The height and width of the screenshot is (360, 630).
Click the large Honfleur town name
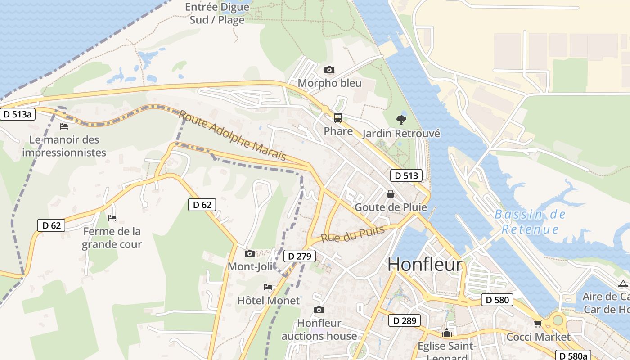[x=425, y=265]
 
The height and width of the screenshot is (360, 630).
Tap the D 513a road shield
[x=18, y=114]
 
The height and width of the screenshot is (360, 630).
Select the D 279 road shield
[x=300, y=256]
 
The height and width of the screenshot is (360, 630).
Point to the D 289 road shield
[x=405, y=320]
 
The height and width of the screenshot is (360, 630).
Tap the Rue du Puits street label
[x=353, y=234]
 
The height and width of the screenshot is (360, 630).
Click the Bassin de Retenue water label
[x=530, y=221]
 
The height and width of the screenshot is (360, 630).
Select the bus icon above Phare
[x=337, y=118]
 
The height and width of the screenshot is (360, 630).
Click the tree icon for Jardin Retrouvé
[x=401, y=120]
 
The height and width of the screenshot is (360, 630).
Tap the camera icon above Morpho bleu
[x=329, y=70]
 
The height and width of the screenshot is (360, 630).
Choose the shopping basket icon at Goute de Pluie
[x=390, y=194]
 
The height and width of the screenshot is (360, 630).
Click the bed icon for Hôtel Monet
[x=268, y=287]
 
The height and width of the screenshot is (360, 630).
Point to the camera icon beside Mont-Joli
[x=250, y=254]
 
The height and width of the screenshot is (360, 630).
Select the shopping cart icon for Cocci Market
[x=538, y=324]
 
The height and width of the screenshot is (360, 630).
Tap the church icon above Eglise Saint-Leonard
[x=447, y=333]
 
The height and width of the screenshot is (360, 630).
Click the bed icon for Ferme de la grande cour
[x=112, y=218]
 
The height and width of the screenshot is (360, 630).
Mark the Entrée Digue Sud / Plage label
[x=217, y=13]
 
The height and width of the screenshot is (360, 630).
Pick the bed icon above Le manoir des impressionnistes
[x=64, y=126]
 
